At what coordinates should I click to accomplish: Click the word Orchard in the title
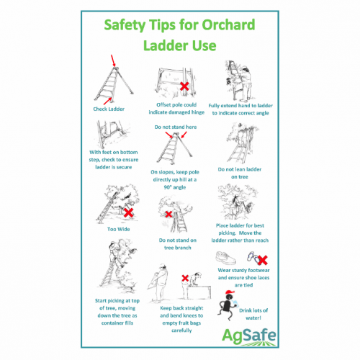(x=228, y=24)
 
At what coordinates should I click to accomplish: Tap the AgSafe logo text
(x=249, y=336)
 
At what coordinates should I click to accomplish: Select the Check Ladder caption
(x=109, y=109)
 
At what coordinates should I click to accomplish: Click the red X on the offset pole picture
(x=184, y=86)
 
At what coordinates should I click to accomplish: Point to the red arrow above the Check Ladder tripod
(x=113, y=60)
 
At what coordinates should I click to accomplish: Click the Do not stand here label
(x=176, y=127)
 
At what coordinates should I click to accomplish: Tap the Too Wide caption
(x=119, y=229)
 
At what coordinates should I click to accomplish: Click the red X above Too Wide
(x=128, y=212)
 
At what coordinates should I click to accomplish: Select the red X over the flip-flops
(x=263, y=260)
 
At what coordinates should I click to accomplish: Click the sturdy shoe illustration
(x=225, y=258)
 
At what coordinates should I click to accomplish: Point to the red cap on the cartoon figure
(x=230, y=292)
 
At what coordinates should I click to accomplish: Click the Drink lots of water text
(x=253, y=314)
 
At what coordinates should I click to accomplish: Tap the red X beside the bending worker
(x=185, y=278)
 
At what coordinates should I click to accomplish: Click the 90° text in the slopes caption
(x=168, y=187)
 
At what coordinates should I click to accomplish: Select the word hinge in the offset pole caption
(x=198, y=112)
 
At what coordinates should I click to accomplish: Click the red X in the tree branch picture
(x=168, y=214)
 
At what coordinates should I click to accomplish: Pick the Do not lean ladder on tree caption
(x=240, y=173)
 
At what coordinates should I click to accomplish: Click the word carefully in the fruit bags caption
(x=181, y=330)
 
